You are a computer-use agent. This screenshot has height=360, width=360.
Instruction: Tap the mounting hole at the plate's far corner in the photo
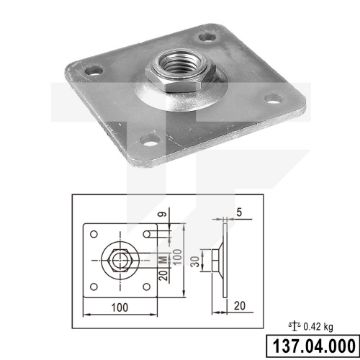tap(207, 37)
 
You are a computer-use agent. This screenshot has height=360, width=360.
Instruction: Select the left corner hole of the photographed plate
tap(94, 70)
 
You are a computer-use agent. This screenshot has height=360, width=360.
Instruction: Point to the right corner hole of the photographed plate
tap(273, 99)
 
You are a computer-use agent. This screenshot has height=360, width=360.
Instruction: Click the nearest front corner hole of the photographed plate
tap(151, 140)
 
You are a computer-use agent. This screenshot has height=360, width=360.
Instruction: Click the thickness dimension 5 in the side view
tap(239, 213)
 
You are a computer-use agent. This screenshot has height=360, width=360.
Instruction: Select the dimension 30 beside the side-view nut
tap(197, 261)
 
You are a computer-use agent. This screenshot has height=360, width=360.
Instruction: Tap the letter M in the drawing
tap(163, 260)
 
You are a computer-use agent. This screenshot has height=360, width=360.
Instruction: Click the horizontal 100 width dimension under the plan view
tap(120, 307)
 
